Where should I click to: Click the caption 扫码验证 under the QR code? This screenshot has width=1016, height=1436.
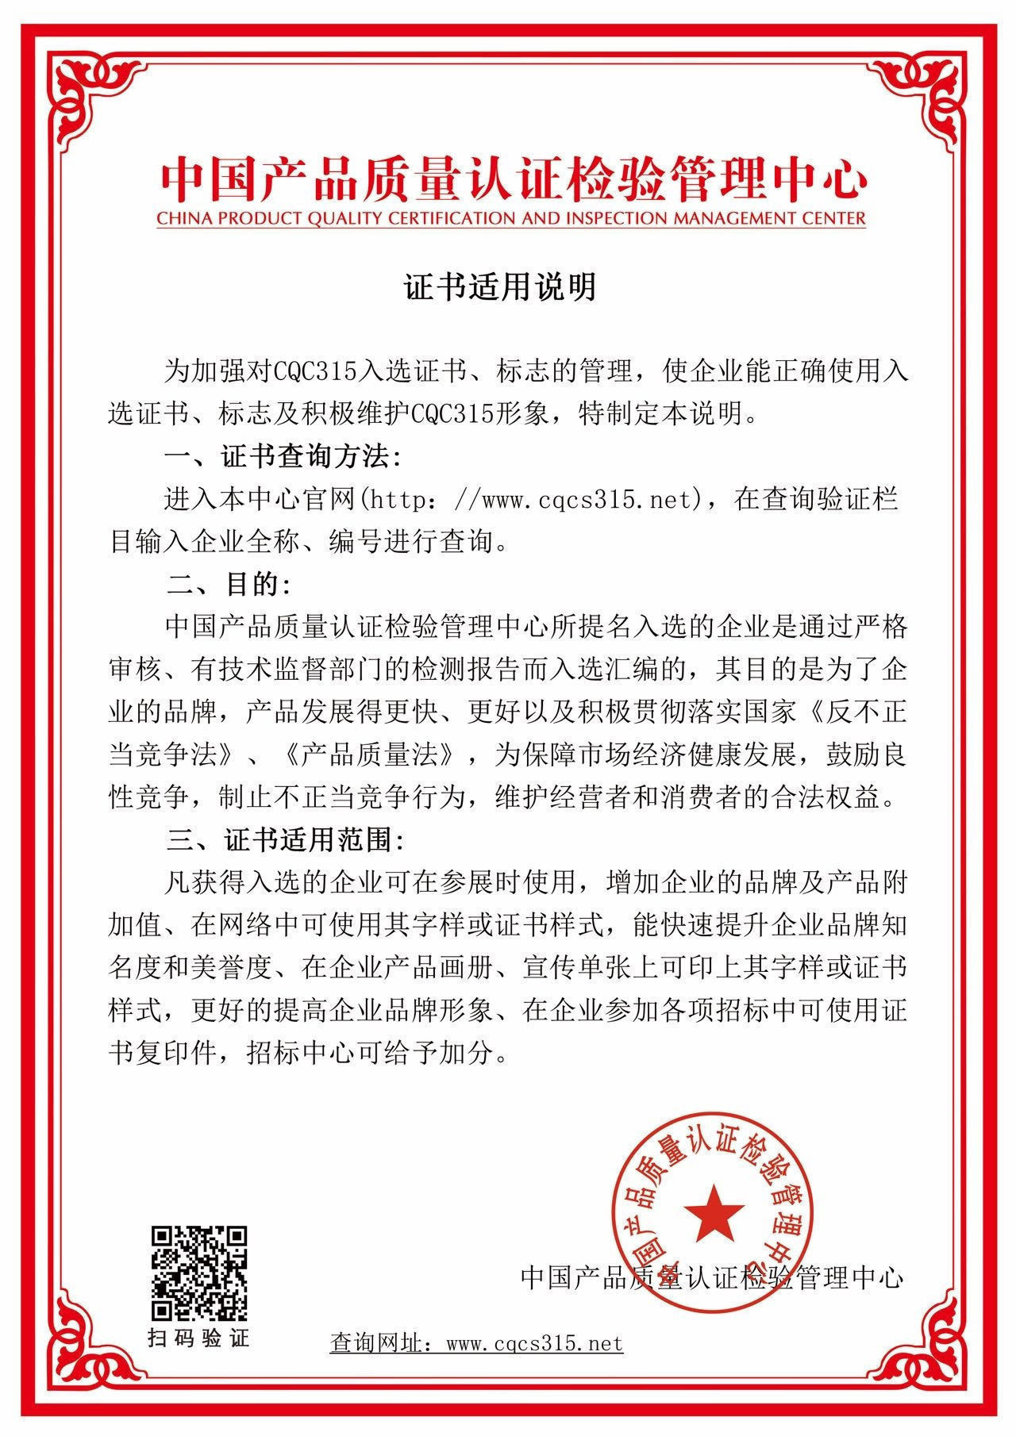click(x=199, y=1338)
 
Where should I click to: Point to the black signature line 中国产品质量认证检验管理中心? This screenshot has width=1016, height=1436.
click(x=712, y=1277)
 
